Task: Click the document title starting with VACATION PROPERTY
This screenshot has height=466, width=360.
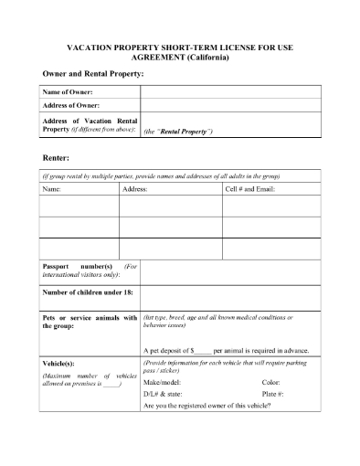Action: tap(180, 49)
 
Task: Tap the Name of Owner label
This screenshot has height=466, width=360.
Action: tap(69, 92)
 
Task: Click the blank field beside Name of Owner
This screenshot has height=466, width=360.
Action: tap(229, 92)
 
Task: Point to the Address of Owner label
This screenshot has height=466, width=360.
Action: tap(72, 106)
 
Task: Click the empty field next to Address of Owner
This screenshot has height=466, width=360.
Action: tap(229, 106)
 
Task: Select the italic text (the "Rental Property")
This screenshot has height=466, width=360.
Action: tap(179, 132)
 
